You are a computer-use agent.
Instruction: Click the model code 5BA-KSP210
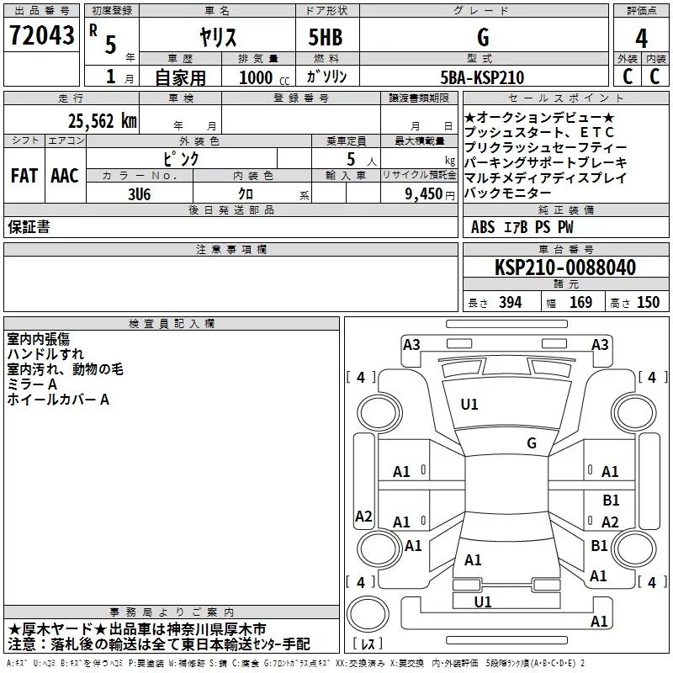tap(482, 77)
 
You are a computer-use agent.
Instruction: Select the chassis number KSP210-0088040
tap(564, 268)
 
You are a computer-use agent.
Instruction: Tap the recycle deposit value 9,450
tap(418, 193)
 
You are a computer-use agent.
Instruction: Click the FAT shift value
tap(24, 176)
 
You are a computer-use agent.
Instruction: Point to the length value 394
tap(508, 303)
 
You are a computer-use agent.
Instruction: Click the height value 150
tap(648, 303)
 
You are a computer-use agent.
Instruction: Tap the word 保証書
tap(29, 227)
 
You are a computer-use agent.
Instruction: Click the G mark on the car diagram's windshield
tap(532, 443)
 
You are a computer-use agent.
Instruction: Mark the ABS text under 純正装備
tap(483, 227)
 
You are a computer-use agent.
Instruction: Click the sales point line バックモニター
tap(511, 193)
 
